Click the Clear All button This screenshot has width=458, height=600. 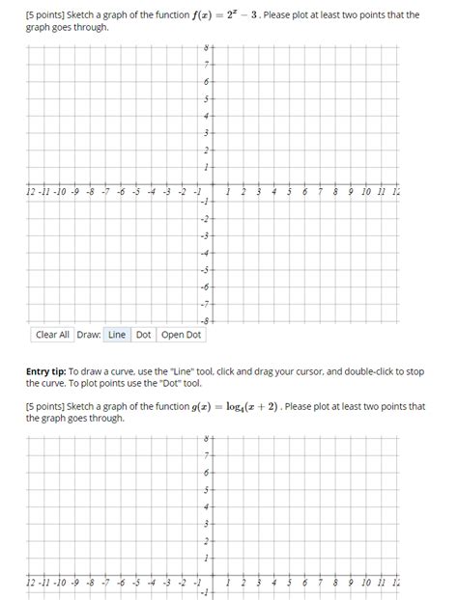(52, 335)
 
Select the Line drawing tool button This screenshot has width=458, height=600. (117, 335)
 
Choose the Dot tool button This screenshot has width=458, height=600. (143, 335)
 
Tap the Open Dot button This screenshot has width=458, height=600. (181, 335)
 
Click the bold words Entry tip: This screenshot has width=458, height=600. (57, 371)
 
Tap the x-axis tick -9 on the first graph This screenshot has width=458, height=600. (61, 193)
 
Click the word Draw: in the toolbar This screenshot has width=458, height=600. (88, 335)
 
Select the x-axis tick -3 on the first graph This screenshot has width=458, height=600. (168, 193)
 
